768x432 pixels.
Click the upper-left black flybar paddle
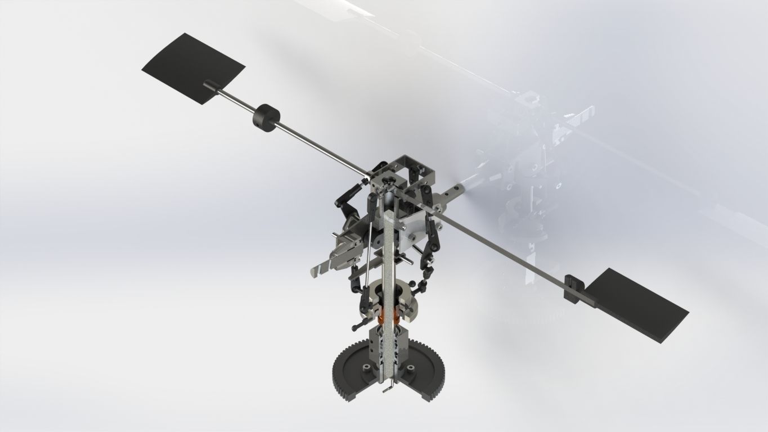pyautogui.click(x=191, y=65)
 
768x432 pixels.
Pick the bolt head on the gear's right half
pyautogui.click(x=411, y=368)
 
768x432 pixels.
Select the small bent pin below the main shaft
pyautogui.click(x=388, y=389)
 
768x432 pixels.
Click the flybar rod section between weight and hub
pyautogui.click(x=321, y=147)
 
